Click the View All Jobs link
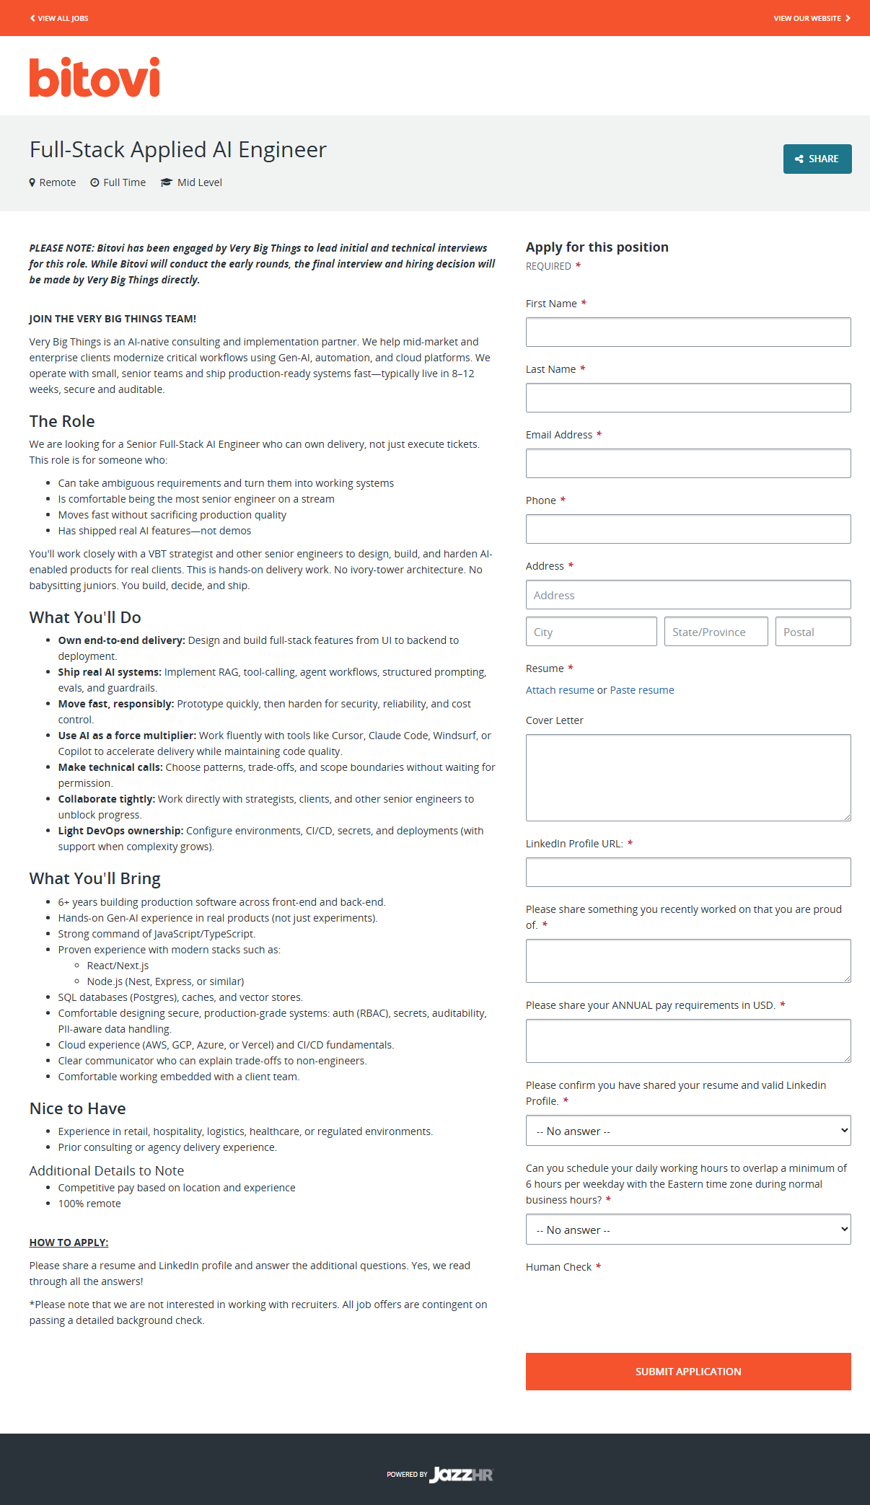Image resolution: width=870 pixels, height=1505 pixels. [x=59, y=18]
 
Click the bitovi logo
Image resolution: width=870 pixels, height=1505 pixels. [x=95, y=77]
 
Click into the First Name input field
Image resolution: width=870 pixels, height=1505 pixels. [x=687, y=332]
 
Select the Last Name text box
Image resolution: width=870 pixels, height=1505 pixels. [x=687, y=398]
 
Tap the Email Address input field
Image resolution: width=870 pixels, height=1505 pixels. [x=687, y=464]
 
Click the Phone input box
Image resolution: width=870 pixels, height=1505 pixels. [x=687, y=529]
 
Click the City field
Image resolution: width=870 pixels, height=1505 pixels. [x=591, y=632]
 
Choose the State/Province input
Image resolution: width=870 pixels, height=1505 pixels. [x=716, y=632]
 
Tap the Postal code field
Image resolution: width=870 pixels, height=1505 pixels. [x=812, y=632]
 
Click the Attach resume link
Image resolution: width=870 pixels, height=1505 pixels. [x=560, y=690]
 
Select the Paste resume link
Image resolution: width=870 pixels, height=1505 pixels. [x=642, y=690]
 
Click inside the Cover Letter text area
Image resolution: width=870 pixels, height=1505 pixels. [x=687, y=777]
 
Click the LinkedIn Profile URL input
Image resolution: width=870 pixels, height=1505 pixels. [x=687, y=873]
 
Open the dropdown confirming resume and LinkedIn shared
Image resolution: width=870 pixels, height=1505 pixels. [x=687, y=1131]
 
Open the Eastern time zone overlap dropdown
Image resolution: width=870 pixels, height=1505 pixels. [x=687, y=1230]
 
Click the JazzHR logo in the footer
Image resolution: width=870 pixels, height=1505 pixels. [x=461, y=1475]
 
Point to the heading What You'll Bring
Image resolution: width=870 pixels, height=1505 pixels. [x=95, y=878]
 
